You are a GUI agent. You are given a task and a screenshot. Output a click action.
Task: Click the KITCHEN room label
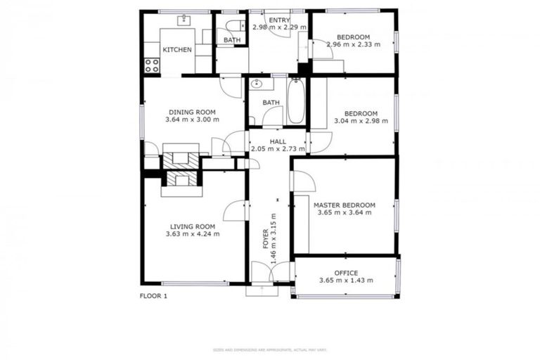[x=177, y=50]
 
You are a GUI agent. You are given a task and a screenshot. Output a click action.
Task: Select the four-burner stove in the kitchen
[x=151, y=65]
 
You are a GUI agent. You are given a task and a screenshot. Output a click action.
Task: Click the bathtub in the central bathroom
[x=296, y=101]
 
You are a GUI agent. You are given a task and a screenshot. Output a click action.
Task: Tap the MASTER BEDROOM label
[x=344, y=205]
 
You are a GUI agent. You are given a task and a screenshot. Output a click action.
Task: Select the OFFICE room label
[x=346, y=273]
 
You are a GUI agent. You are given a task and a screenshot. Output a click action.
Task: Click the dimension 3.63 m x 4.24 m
[x=193, y=234]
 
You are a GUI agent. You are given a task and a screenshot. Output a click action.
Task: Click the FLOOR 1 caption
[x=153, y=296]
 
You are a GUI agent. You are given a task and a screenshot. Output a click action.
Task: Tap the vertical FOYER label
[x=265, y=238]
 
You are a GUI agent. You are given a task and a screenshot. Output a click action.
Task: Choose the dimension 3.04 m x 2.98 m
[x=361, y=121]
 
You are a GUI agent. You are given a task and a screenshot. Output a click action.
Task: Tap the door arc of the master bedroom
[x=302, y=181]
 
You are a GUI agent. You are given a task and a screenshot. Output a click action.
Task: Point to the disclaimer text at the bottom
[x=269, y=349]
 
